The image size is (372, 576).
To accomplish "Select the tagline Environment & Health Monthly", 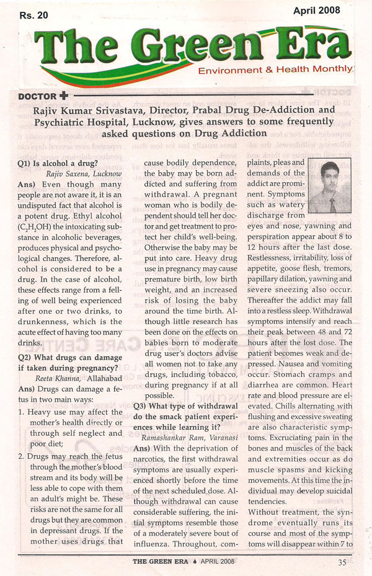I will (275, 71).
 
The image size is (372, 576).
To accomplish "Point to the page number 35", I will (342, 563).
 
